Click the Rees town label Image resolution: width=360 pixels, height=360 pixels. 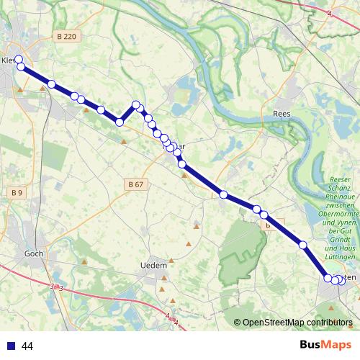pos(282,114)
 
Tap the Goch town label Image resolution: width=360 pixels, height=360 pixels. pos(34,253)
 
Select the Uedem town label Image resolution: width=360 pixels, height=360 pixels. pos(153,266)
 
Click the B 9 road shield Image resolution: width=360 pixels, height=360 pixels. pos(17,192)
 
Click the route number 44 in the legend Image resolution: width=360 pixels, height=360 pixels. pos(27,346)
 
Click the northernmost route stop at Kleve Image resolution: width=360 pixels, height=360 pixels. pos(19,59)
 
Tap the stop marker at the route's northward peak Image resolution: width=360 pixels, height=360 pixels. pos(135,105)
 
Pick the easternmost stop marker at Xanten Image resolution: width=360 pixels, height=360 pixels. pos(341,281)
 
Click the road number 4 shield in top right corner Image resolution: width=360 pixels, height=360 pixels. pos(329,13)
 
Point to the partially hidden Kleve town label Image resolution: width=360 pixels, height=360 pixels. pos(8,60)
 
